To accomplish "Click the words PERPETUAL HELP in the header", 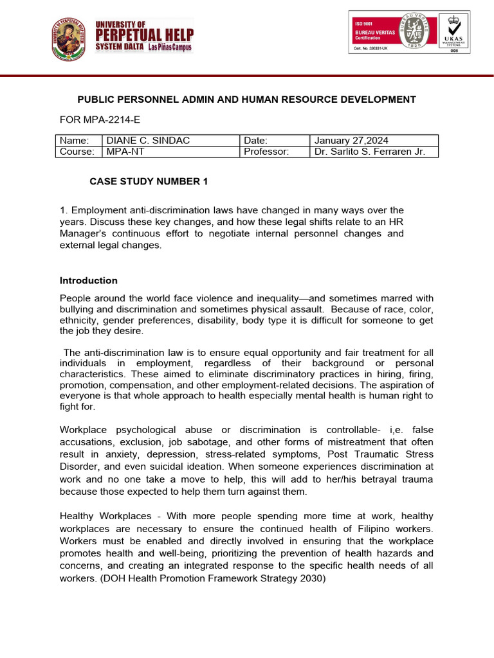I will [x=144, y=34].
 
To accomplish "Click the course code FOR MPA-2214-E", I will [x=100, y=120].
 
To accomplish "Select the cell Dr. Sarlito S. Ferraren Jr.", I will [x=374, y=152].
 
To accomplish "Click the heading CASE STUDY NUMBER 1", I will [x=149, y=182].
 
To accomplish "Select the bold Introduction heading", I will [x=89, y=281].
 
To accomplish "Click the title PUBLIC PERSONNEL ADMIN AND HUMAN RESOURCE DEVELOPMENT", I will [x=246, y=100].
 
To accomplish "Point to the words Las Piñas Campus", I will [x=169, y=48].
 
